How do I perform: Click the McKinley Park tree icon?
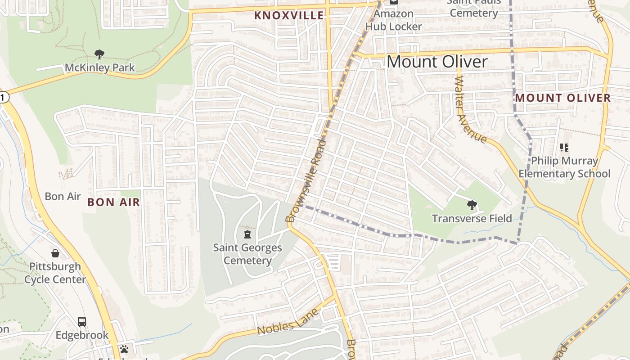click(99, 54)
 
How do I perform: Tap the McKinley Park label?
click(99, 68)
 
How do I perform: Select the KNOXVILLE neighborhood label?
click(289, 15)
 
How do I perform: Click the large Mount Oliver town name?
click(437, 62)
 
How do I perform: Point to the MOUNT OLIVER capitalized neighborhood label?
click(563, 98)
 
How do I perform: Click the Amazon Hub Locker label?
click(393, 20)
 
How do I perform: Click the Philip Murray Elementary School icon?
click(564, 147)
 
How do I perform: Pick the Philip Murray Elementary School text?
click(564, 167)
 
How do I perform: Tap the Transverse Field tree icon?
click(472, 206)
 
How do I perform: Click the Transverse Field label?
click(472, 219)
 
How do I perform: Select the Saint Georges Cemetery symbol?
click(247, 234)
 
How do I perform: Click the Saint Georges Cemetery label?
click(247, 254)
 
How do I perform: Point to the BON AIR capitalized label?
click(114, 202)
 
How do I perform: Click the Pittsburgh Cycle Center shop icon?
click(55, 253)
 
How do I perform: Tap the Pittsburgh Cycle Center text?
click(55, 273)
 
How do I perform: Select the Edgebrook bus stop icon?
click(82, 322)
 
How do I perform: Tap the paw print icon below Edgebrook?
click(124, 349)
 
